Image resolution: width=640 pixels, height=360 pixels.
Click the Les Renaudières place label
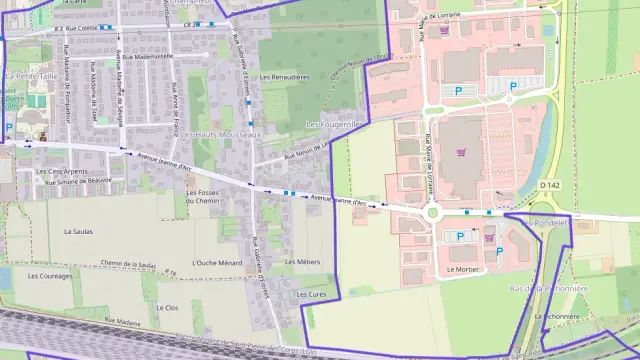click(x=284, y=76)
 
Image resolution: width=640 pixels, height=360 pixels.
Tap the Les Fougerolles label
click(x=333, y=124)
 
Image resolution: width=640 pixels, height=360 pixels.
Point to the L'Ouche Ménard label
click(x=217, y=263)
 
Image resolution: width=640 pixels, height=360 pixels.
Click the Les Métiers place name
click(x=302, y=261)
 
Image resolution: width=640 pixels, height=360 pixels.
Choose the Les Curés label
click(x=311, y=295)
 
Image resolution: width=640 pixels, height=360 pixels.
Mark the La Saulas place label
click(x=77, y=231)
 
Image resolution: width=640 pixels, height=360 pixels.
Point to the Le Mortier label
click(x=462, y=269)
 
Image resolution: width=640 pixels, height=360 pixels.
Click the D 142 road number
click(x=549, y=185)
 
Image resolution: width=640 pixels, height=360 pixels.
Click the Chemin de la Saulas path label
click(x=130, y=264)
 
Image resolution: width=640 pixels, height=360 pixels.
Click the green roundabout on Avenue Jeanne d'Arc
click(x=433, y=212)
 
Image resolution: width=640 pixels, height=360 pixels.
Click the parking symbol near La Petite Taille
click(x=9, y=127)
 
